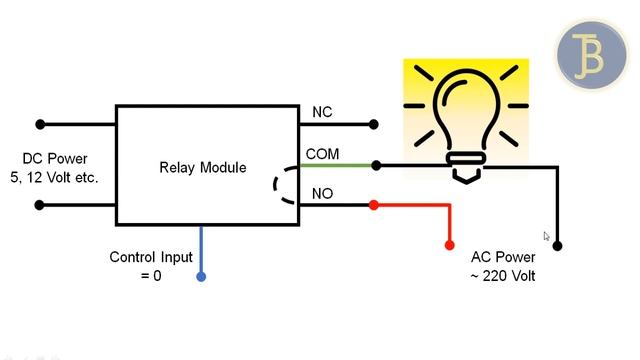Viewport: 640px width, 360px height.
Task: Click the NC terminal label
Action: click(322, 112)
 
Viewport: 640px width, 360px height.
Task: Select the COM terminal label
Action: click(322, 154)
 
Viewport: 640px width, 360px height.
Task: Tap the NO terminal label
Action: click(322, 194)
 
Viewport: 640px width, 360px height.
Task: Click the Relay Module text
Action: click(203, 168)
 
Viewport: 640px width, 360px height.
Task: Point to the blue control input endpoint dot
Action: click(201, 277)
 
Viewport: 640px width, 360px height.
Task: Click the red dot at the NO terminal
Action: click(373, 205)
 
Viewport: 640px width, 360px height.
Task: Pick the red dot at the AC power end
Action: click(449, 245)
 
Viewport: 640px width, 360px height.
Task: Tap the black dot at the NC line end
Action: click(373, 124)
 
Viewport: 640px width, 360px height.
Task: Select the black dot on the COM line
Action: click(376, 166)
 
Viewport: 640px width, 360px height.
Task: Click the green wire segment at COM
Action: click(336, 166)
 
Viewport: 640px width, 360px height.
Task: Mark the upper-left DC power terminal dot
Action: click(40, 124)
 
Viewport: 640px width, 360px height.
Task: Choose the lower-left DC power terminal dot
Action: click(39, 205)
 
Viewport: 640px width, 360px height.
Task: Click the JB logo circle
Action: click(591, 55)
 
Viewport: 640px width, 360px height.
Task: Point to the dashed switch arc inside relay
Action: click(275, 185)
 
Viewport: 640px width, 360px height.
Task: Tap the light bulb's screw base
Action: click(466, 167)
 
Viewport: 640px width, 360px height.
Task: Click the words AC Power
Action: click(503, 257)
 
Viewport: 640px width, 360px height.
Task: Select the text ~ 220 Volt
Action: click(503, 276)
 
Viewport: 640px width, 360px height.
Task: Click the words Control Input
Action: click(151, 257)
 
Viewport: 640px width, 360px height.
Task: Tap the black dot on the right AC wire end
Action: click(557, 246)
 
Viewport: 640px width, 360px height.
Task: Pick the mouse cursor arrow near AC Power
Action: click(547, 236)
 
